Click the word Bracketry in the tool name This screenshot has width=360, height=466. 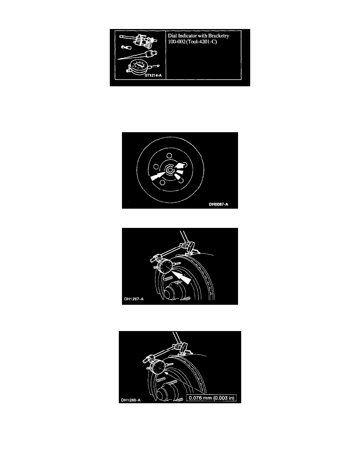[x=218, y=36]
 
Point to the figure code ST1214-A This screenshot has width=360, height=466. [x=153, y=75]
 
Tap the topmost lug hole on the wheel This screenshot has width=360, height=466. [x=169, y=155]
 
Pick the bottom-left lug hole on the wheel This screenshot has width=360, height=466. [x=162, y=182]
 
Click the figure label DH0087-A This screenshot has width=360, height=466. [x=218, y=204]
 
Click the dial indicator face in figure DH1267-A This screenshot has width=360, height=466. [x=166, y=266]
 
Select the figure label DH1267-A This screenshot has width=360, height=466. [x=134, y=299]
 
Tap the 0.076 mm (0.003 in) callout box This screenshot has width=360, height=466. [x=211, y=398]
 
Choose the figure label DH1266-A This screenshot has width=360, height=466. [x=131, y=400]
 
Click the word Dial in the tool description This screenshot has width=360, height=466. [x=172, y=36]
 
